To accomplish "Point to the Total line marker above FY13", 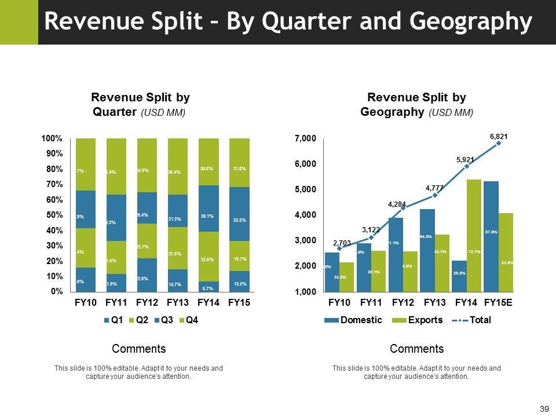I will (434, 195).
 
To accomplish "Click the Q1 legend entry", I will (115, 320).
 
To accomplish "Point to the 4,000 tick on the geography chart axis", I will (306, 215).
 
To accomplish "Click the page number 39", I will (544, 409).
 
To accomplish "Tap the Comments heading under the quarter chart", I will (138, 349).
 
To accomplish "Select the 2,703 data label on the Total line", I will (342, 243).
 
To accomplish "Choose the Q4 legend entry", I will (191, 320).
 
